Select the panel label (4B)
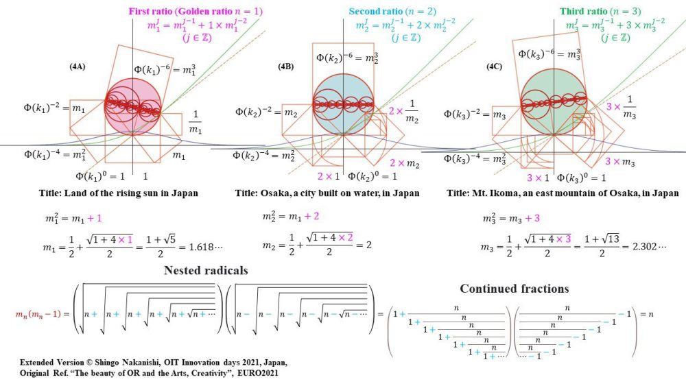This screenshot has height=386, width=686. pos(285,67)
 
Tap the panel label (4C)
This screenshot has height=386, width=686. pos(496,67)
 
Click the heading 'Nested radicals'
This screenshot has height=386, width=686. pos(206,270)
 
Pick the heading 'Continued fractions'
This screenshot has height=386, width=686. pos(514,288)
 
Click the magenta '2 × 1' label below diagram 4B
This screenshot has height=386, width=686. pos(329,177)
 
